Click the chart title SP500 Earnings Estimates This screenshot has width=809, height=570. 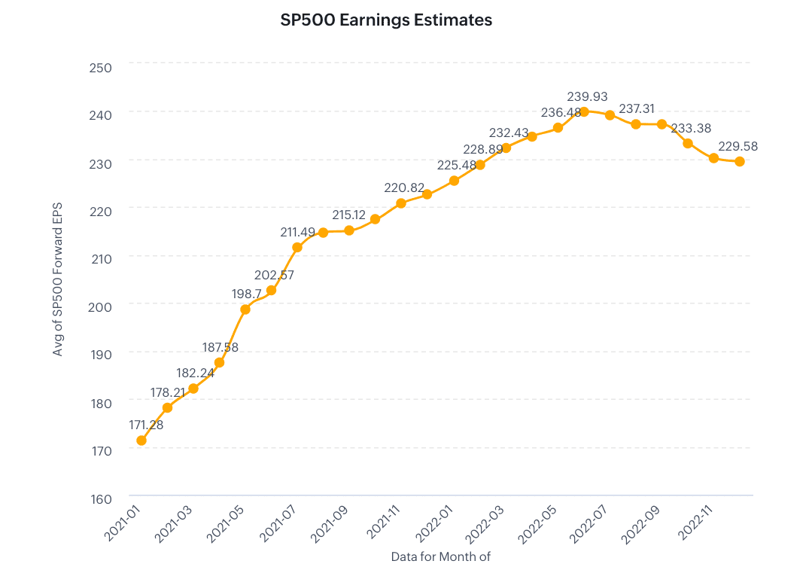(386, 20)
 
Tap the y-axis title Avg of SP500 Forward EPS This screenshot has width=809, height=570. (58, 279)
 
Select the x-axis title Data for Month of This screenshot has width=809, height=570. (440, 556)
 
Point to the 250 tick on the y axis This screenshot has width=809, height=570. (100, 68)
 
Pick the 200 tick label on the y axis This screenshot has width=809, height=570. (100, 306)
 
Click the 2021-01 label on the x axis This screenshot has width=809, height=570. (123, 523)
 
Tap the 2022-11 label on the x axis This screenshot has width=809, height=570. (696, 523)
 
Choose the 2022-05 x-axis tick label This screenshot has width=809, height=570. (540, 523)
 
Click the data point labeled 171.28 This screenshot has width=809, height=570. (141, 440)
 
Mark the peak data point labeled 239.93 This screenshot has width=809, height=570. (584, 111)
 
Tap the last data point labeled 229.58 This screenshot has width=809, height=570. (740, 161)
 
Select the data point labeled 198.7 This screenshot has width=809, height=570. (245, 309)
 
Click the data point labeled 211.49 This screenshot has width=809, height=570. (297, 247)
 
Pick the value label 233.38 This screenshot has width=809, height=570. (690, 128)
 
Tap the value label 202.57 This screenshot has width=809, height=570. (274, 275)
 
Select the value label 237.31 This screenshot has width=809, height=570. (638, 109)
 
